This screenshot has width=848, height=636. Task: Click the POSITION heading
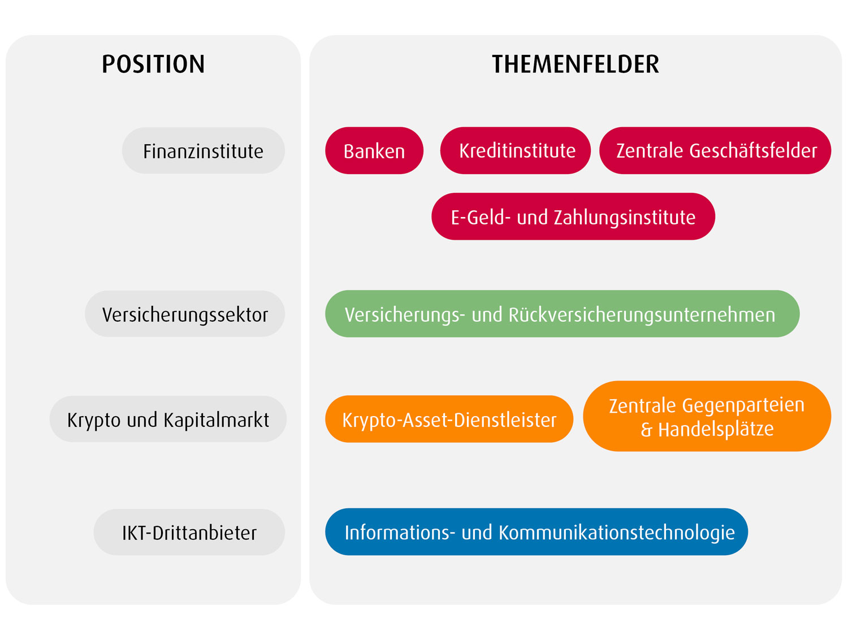[x=153, y=64]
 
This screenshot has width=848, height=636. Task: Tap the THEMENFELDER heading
[x=576, y=64]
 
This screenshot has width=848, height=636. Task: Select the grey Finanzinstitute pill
[x=203, y=150]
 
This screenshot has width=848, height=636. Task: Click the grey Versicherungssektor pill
[x=185, y=314]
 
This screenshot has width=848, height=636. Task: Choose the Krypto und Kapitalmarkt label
[x=168, y=419]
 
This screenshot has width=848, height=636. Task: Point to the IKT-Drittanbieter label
[x=189, y=533]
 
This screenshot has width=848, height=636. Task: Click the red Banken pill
[x=374, y=150]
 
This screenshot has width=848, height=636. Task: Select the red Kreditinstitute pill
[x=515, y=150]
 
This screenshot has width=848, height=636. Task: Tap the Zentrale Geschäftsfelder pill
[x=715, y=150]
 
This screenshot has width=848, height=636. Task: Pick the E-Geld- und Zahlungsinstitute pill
[x=573, y=217]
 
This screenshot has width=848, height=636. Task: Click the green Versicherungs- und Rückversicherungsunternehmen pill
[x=562, y=314]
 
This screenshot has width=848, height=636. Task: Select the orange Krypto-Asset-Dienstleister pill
[x=449, y=419]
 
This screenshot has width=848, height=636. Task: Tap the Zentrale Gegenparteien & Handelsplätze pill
[x=707, y=417]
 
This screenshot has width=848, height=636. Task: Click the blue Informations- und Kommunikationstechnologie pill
[x=537, y=532]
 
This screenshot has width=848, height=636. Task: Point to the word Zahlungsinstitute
[x=625, y=218]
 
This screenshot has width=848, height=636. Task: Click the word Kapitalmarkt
[x=217, y=419]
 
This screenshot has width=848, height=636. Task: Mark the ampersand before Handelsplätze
[x=646, y=430]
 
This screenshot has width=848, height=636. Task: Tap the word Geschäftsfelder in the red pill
[x=753, y=150]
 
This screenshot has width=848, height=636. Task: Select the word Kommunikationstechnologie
[x=617, y=533]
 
